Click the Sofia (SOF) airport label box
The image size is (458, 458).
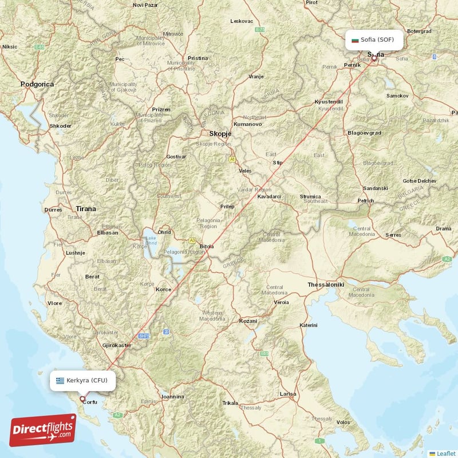[x=374, y=40]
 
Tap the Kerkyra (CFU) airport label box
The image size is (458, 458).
[x=82, y=380]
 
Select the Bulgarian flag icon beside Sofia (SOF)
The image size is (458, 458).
[x=356, y=40]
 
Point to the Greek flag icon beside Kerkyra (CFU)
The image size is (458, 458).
[x=60, y=380]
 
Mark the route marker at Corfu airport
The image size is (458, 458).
[x=82, y=398]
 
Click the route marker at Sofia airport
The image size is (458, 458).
[x=374, y=57]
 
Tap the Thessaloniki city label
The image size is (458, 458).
[x=325, y=284]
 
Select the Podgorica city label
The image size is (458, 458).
[x=37, y=84]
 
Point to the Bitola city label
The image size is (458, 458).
[x=207, y=247]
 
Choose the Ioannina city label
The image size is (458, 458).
[x=172, y=396]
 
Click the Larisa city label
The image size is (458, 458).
[x=287, y=394]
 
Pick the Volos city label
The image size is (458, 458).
[x=343, y=423]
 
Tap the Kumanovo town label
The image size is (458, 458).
[x=248, y=124]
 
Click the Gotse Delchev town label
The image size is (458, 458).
[x=419, y=181]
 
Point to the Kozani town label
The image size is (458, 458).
[x=248, y=321]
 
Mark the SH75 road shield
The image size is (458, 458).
[x=143, y=336]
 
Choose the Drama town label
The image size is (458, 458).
[x=444, y=228]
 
